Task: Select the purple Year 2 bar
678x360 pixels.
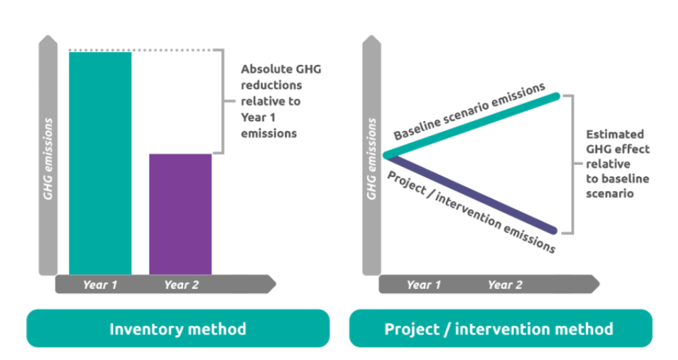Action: (180, 213)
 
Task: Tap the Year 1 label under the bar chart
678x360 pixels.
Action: (100, 285)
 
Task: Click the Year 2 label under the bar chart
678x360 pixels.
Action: (181, 285)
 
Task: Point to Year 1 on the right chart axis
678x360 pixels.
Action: (424, 285)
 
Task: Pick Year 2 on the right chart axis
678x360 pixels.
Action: (505, 285)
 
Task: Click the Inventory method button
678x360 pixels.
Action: (177, 329)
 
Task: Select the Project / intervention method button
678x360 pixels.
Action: (500, 329)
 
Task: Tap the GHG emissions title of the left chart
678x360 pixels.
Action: (48, 159)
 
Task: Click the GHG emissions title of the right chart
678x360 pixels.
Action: (371, 159)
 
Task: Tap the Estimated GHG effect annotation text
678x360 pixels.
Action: (617, 162)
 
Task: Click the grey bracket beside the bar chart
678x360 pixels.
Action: (222, 101)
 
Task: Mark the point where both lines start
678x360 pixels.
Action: (385, 155)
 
